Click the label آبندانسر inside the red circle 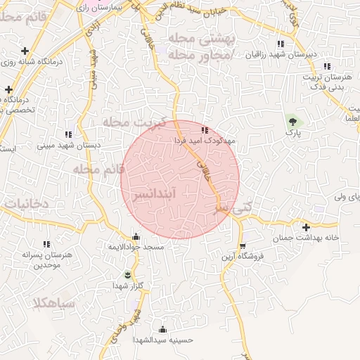click(x=180, y=191)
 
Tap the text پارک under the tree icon click(x=291, y=134)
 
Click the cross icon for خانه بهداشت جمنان click(x=306, y=227)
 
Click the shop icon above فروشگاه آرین click(x=243, y=246)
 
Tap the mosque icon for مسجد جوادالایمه click(x=136, y=237)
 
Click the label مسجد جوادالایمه click(x=136, y=247)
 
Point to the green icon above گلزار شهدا click(x=127, y=274)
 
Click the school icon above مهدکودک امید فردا click(x=205, y=130)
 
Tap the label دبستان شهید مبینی click(x=68, y=145)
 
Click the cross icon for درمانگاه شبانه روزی click(x=25, y=51)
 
